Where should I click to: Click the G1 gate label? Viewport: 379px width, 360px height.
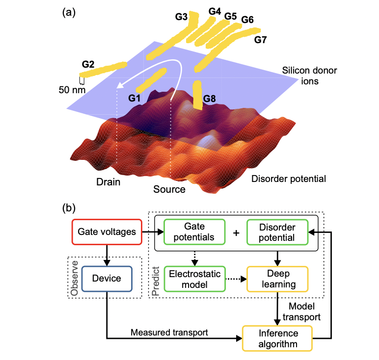pos(134,98)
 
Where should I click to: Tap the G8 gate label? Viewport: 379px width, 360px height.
pos(209,99)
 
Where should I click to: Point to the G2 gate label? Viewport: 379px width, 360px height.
pos(88,64)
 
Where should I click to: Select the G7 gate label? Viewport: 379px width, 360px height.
pos(260,40)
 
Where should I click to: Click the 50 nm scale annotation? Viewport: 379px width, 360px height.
pos(72,90)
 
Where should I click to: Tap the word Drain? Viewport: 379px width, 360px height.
pos(108,182)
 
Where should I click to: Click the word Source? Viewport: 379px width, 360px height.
pos(169,189)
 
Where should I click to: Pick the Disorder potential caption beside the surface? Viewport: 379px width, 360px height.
pos(289,179)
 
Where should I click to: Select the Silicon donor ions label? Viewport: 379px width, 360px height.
pos(309,76)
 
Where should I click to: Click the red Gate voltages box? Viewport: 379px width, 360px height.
pos(107,232)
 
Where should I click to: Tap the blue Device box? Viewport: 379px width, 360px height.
pos(107,279)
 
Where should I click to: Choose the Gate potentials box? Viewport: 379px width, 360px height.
pos(194,232)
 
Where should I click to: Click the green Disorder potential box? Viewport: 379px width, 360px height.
pos(277,232)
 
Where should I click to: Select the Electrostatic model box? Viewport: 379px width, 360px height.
pos(194,279)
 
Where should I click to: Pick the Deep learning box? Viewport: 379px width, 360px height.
pos(277,279)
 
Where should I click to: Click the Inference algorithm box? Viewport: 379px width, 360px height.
pos(277,338)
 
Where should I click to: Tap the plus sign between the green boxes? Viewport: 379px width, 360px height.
pos(236,233)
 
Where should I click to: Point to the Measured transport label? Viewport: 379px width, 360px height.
pos(169,333)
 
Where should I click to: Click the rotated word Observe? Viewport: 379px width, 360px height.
pos(74,278)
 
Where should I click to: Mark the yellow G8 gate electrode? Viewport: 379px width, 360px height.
pos(197,95)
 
